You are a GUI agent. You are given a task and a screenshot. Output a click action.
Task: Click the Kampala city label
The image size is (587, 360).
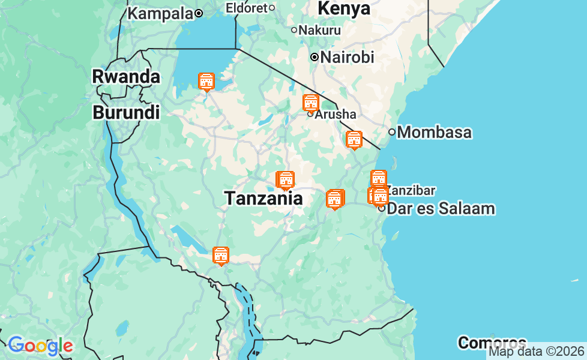tap(160, 13)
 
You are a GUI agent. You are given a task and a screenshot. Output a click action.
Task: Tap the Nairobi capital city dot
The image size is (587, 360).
tap(314, 57)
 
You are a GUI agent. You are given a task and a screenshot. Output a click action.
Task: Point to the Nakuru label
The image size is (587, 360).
tap(319, 30)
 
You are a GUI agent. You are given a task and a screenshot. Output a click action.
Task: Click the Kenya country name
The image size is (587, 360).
tap(344, 8)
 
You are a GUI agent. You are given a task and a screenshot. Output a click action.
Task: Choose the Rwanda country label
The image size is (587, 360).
tap(126, 77)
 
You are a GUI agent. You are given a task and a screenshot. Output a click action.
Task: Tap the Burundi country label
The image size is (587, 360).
tap(126, 112)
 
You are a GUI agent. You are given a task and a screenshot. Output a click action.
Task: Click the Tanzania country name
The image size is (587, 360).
tap(263, 199)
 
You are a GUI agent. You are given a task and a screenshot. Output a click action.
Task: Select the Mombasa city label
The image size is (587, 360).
tap(435, 133)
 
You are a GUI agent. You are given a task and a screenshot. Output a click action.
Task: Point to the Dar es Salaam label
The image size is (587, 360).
tap(441, 209)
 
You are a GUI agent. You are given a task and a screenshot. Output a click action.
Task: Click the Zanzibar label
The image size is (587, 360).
tap(410, 190)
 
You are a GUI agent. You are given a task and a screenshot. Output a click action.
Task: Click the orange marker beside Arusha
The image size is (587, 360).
tap(310, 103)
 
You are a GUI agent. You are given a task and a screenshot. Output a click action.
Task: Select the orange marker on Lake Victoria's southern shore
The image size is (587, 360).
tap(206, 81)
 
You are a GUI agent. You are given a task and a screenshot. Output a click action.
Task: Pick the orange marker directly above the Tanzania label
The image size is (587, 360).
tap(286, 180)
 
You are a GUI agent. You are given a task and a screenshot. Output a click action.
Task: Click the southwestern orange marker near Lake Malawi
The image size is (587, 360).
tap(221, 256)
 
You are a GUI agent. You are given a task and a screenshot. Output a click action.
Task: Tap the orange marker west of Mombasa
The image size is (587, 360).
tap(354, 139)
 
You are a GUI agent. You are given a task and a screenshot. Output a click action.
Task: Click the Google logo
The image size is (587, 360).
tap(40, 346)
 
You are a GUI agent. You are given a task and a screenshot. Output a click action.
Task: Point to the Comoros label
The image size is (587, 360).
tap(492, 343)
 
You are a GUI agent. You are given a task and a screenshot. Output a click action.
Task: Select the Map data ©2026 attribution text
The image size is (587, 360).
tap(536, 352)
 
